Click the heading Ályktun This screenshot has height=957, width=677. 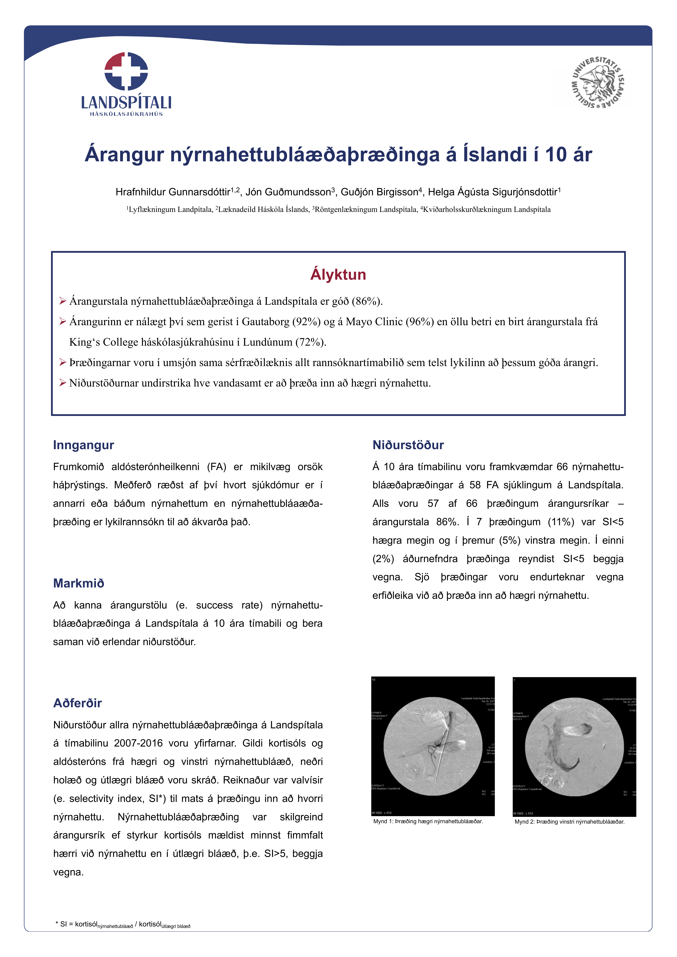pyautogui.click(x=338, y=275)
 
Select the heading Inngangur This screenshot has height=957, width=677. pyautogui.click(x=83, y=445)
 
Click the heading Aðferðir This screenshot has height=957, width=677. pyautogui.click(x=78, y=703)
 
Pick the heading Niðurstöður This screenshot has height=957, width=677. pyautogui.click(x=408, y=445)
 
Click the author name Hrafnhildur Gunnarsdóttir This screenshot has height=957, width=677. pyautogui.click(x=173, y=192)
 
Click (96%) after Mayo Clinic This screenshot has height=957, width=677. pyautogui.click(x=420, y=322)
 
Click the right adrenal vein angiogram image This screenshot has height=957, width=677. pyautogui.click(x=433, y=747)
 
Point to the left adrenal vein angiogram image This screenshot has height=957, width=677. pyautogui.click(x=574, y=747)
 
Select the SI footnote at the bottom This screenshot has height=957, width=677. pyautogui.click(x=123, y=924)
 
